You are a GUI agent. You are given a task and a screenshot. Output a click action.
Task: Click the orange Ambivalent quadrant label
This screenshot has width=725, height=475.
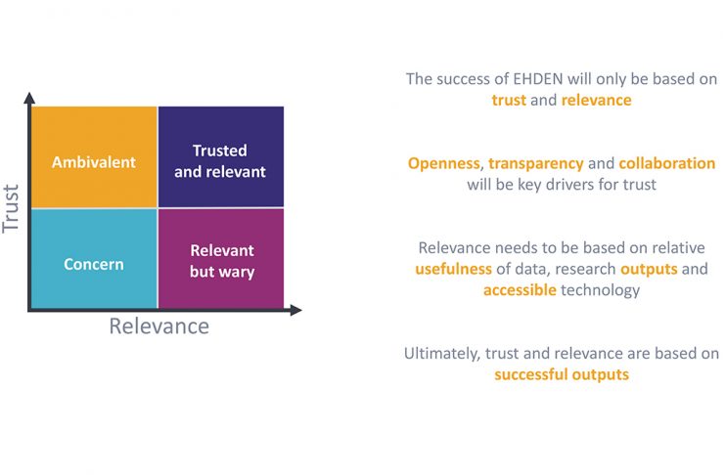pyautogui.click(x=94, y=162)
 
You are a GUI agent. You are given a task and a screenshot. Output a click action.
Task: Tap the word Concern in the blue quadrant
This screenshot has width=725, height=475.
pyautogui.click(x=94, y=264)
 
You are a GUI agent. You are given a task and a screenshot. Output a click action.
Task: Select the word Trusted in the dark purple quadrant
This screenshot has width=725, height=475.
pyautogui.click(x=219, y=151)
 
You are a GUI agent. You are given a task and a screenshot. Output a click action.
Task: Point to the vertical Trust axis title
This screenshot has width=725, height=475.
pyautogui.click(x=10, y=208)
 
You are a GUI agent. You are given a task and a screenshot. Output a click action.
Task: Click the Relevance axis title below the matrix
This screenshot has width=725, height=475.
pyautogui.click(x=159, y=326)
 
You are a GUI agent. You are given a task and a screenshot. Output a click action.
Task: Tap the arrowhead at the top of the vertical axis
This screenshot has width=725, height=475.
pyautogui.click(x=29, y=98)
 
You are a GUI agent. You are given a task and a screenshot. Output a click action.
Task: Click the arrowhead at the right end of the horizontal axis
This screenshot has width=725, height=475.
pyautogui.click(x=295, y=310)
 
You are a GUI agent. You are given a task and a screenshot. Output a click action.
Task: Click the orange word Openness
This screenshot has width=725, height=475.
pyautogui.click(x=444, y=163)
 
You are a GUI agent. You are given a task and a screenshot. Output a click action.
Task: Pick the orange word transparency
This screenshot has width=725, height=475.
pyautogui.click(x=536, y=164)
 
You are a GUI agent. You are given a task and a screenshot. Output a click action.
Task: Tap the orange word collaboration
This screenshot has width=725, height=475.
pyautogui.click(x=666, y=163)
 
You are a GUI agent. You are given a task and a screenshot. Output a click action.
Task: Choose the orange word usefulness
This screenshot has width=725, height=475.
pyautogui.click(x=454, y=269)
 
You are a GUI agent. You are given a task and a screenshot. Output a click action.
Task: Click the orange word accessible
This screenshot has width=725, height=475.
pyautogui.click(x=520, y=289)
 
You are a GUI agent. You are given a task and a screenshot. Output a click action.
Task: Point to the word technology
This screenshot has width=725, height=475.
pyautogui.click(x=600, y=290)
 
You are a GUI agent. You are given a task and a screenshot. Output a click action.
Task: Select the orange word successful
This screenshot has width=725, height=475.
pyautogui.click(x=531, y=374)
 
